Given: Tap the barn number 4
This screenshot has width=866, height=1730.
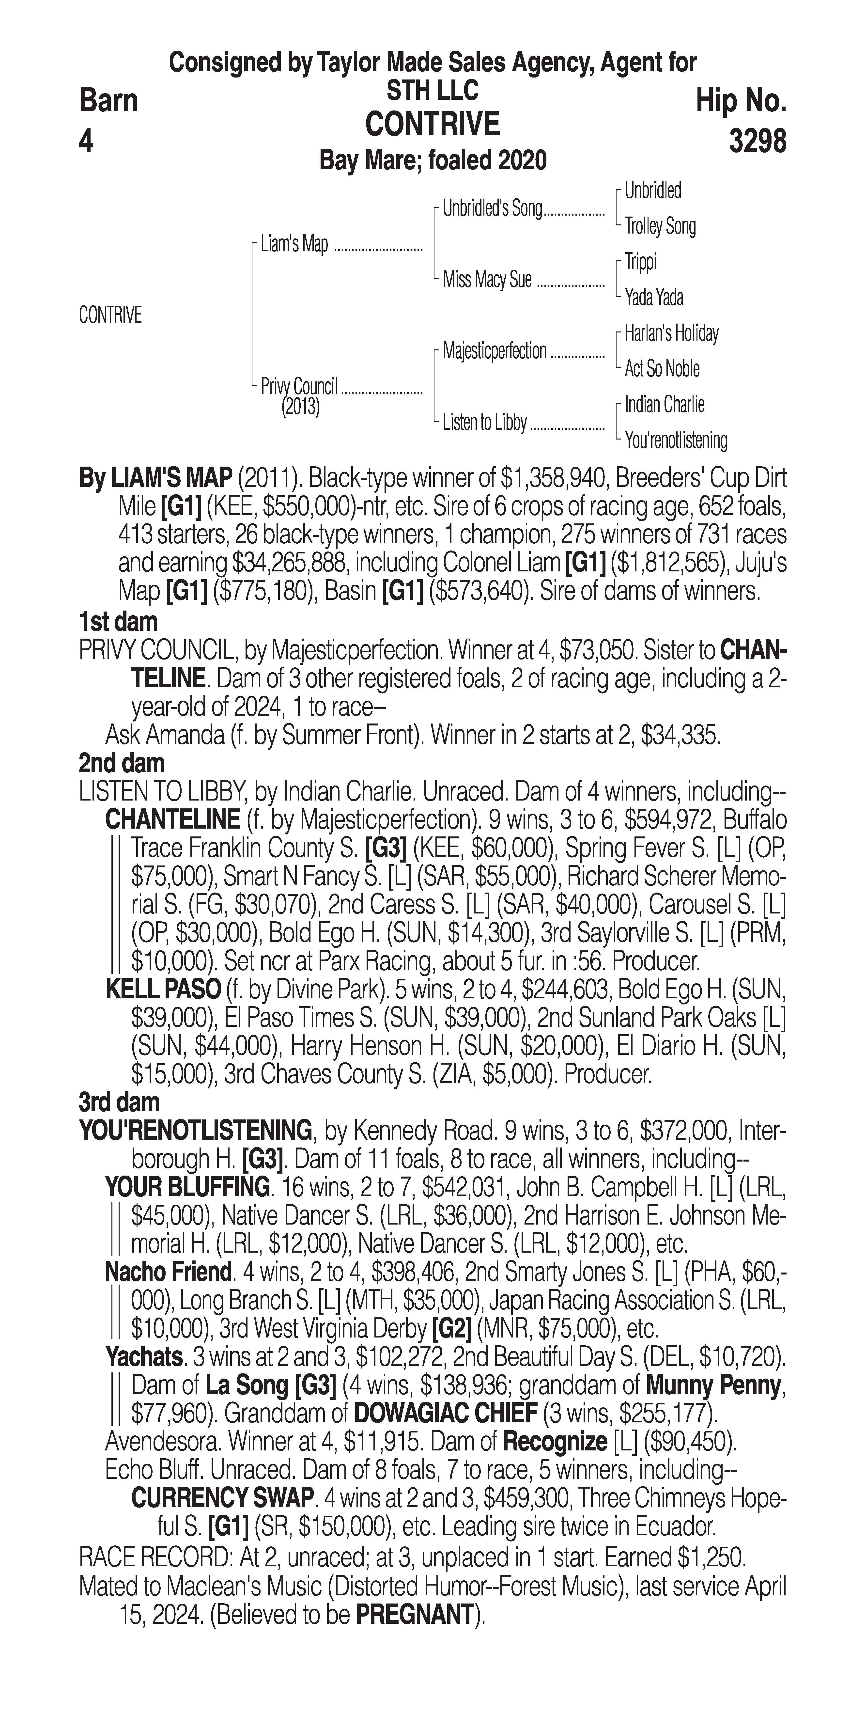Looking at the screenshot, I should [x=86, y=142].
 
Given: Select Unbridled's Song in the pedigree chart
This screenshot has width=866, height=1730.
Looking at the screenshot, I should [x=492, y=209].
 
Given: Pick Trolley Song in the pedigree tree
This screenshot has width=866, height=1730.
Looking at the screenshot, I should [x=660, y=226].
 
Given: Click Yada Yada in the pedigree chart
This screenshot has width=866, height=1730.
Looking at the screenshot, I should [x=654, y=297].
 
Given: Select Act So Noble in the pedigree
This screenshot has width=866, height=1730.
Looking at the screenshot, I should [x=662, y=369].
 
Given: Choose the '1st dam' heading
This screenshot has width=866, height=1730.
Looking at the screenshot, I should [x=118, y=622].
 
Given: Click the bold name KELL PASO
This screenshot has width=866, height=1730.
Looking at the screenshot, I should [x=163, y=989].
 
